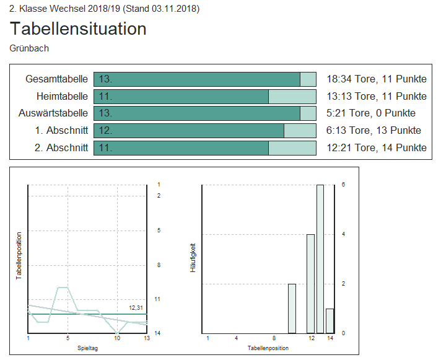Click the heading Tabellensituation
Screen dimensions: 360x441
point(78,29)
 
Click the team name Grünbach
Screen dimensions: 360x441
point(29,48)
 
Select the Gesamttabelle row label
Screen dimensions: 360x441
point(57,79)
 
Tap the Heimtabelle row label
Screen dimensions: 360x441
point(62,96)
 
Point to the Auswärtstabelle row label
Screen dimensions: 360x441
point(53,113)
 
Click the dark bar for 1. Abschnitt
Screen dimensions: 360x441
point(189,130)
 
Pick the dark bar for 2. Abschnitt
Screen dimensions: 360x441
point(181,147)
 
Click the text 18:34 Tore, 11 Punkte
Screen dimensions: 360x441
point(376,79)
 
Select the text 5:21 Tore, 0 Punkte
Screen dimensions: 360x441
point(370,113)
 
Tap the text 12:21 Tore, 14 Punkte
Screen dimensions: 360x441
point(376,147)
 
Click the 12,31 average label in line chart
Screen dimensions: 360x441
point(136,307)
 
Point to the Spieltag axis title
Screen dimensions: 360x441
point(87,348)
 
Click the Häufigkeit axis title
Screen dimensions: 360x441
point(193,258)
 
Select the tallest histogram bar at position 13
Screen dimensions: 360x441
point(320,258)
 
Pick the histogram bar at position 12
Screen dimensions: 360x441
point(310,283)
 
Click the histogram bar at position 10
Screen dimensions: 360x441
point(292,308)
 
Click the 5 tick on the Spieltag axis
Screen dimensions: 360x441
point(68,338)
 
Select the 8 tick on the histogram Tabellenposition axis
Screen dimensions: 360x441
point(274,338)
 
